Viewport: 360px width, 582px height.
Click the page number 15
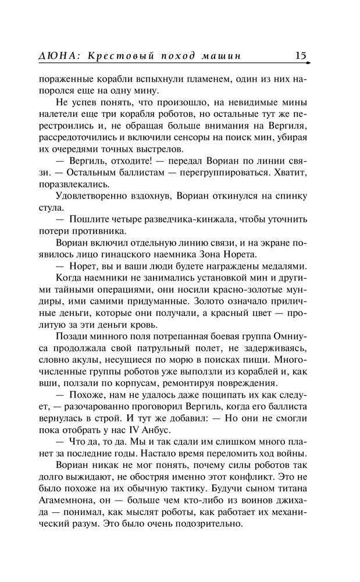[x=300, y=56]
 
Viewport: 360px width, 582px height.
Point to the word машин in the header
[x=222, y=56]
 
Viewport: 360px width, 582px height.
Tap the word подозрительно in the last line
[x=206, y=523]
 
